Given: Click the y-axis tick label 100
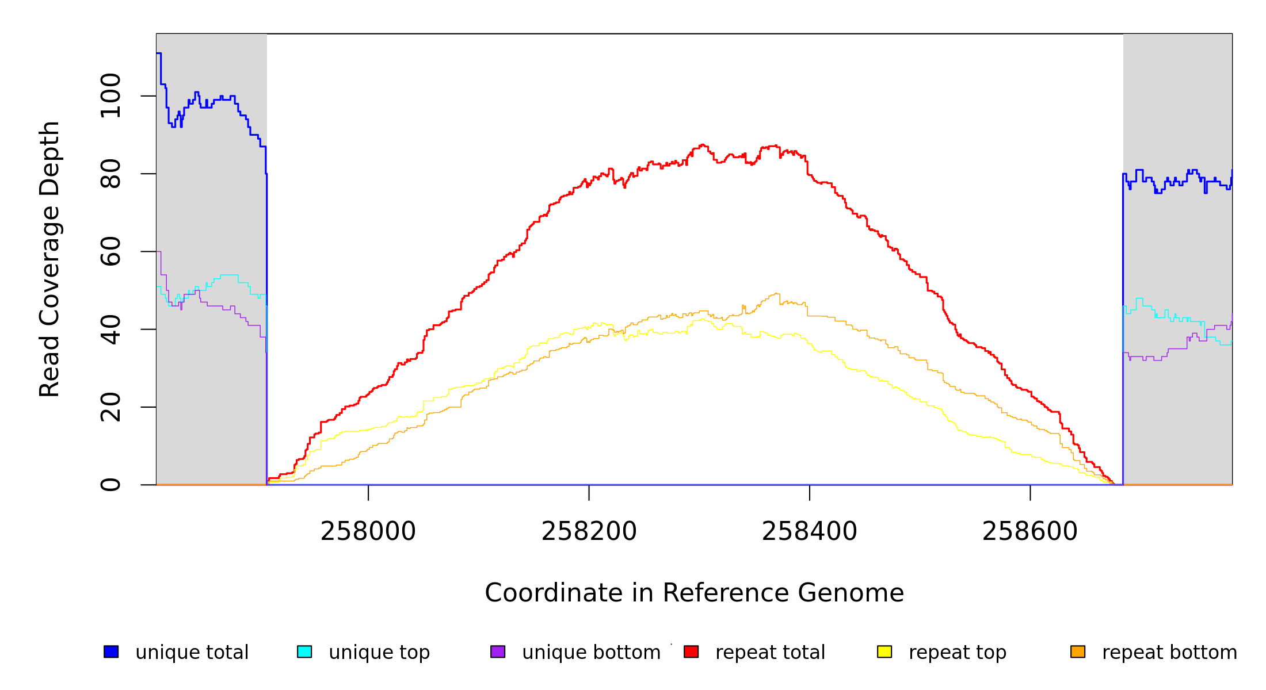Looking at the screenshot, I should point(110,96).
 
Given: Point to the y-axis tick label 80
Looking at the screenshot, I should point(110,174).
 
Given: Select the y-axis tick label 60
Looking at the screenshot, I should point(110,251).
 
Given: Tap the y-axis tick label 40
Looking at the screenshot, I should point(110,329).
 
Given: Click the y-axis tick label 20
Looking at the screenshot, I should point(110,407).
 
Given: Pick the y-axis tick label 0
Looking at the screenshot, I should point(110,485).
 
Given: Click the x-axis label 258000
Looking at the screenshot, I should point(368,531).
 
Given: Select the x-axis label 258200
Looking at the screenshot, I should point(589,531).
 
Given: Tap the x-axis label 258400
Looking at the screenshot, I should point(810,531).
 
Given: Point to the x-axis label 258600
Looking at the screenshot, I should point(1030,531).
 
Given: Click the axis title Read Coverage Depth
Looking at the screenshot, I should point(49,259).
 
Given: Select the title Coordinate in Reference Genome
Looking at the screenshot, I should point(694,593).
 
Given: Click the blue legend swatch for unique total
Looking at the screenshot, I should point(111,651).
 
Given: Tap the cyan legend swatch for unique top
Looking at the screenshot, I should point(304,651).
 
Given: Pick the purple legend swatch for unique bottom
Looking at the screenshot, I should point(498,651).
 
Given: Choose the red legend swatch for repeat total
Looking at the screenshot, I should point(691,651).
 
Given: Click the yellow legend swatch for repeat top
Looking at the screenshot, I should point(884,651).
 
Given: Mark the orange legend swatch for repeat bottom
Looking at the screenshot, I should point(1078,651).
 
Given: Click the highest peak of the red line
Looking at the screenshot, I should point(702,145).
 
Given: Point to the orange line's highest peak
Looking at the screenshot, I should point(776,293).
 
